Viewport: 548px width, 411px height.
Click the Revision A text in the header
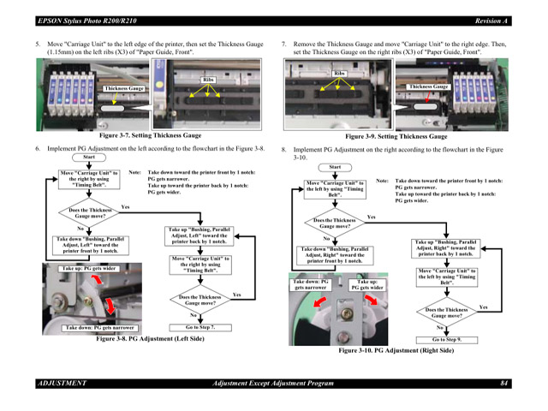point(491,20)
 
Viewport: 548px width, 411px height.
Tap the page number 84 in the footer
point(504,383)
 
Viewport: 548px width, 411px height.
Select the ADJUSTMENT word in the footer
point(63,383)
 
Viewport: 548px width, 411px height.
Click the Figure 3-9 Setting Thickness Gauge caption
point(396,136)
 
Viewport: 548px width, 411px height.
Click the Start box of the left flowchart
point(89,158)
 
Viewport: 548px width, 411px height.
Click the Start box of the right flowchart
point(335,167)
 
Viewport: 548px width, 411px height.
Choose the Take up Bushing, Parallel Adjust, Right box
point(446,248)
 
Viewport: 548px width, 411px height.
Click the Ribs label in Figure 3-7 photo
point(208,80)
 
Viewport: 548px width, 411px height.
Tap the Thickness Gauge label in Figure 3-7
point(124,88)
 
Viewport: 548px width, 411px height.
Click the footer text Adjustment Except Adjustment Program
point(273,383)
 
